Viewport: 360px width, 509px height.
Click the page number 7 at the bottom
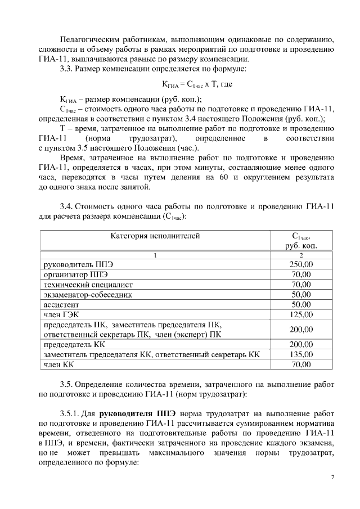coord(332,478)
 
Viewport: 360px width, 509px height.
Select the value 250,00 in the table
coord(301,264)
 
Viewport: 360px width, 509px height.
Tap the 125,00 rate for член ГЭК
coord(301,314)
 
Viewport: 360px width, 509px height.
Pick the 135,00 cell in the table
coord(301,355)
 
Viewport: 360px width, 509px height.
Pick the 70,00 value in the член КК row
coord(301,365)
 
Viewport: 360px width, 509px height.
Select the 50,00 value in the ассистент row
coord(301,304)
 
